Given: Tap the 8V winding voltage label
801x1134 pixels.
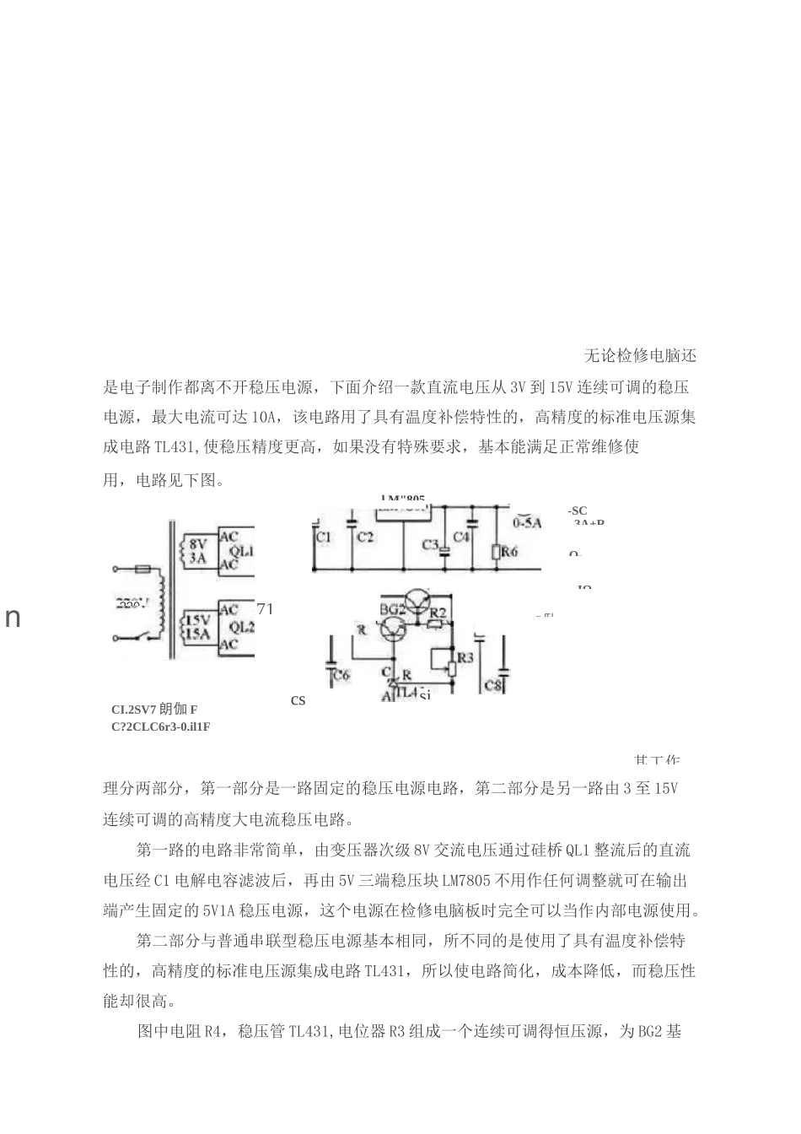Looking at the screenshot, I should coord(198,544).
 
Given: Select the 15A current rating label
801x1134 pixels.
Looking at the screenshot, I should coord(198,634).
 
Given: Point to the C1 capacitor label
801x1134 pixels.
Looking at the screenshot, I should coord(324,537).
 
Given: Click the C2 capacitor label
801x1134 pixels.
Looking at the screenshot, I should coord(364,537).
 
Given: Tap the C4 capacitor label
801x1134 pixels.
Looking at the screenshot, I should coord(460,537).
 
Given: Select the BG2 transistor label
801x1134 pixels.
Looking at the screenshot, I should coord(392,609).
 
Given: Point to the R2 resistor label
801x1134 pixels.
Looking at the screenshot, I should coord(438,611).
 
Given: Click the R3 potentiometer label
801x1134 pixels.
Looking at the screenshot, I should coord(465,656).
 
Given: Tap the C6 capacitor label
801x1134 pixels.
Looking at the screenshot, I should coord(341,675).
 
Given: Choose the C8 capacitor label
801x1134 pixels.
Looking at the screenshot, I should coord(493,685).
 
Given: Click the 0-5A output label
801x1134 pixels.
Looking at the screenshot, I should coord(527,523).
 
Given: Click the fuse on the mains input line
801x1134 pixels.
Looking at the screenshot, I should coord(143,570).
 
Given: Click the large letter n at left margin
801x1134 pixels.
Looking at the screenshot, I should coord(13,618).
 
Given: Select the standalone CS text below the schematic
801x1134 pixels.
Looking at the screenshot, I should coord(298,701).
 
